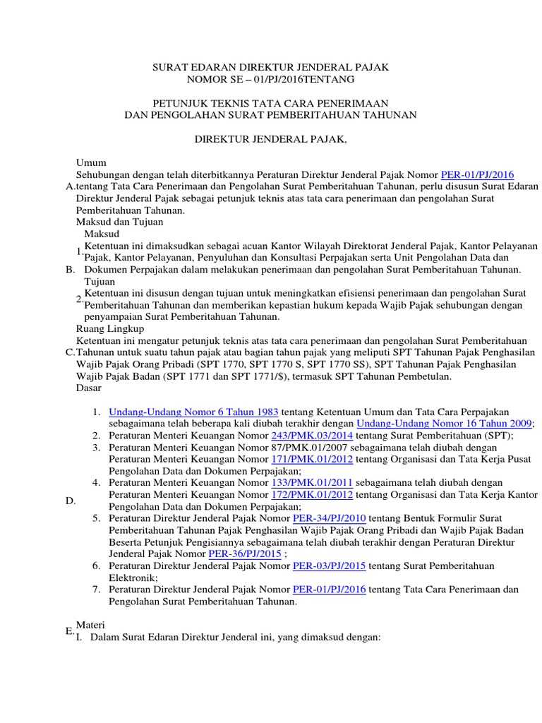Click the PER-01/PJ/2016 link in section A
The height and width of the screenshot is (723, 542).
(477, 174)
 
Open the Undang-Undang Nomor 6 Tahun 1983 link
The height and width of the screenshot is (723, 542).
(194, 412)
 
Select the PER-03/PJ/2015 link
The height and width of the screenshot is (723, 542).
(329, 566)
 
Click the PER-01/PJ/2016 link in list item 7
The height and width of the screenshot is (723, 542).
(329, 590)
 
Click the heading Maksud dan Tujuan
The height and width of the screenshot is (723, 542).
(119, 222)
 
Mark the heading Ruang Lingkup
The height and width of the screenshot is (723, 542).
(109, 328)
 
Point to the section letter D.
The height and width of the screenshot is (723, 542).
(71, 501)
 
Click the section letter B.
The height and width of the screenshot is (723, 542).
(70, 270)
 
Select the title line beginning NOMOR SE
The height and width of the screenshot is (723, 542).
(271, 80)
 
